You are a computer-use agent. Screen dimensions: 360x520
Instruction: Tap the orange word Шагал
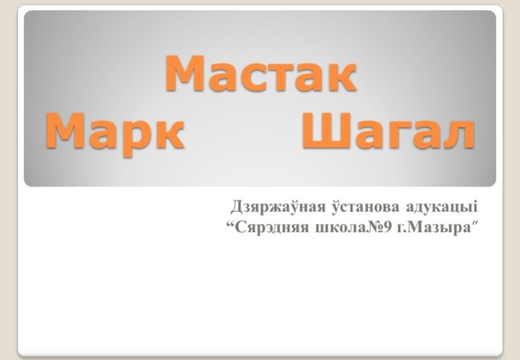388,132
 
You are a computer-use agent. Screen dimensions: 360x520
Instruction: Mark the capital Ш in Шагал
326,132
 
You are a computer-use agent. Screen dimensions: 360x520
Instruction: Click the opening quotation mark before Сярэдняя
230,223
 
